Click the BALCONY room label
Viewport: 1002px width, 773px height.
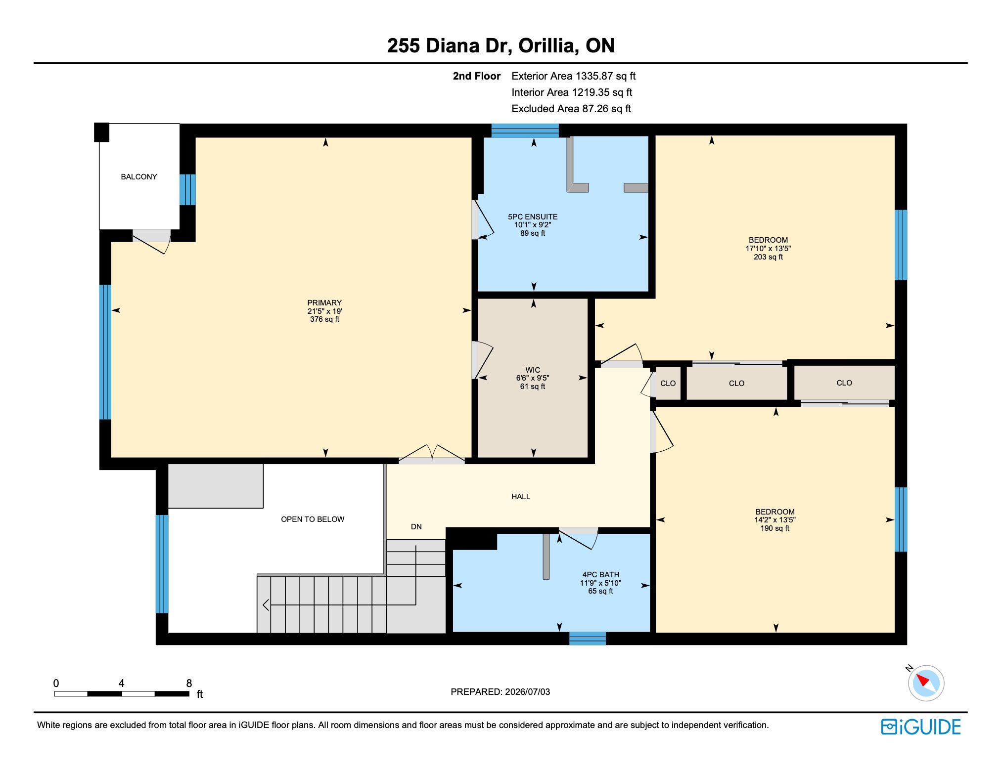coord(138,177)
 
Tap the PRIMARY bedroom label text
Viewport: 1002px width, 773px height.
coord(324,303)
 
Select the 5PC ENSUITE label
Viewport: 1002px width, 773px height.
coord(533,217)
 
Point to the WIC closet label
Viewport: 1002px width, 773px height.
coord(533,370)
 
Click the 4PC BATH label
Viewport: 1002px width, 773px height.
coord(600,575)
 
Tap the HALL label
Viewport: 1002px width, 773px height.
coord(521,497)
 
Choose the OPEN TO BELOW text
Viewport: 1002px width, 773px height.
coord(313,519)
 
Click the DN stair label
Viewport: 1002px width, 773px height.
coord(416,527)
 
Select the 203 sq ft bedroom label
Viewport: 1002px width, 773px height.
coord(768,249)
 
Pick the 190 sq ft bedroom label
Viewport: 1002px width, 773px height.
coord(775,520)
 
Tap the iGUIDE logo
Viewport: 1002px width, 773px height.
coord(921,727)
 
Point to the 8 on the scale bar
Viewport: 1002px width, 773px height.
coord(189,684)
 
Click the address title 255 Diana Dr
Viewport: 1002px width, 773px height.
coord(448,46)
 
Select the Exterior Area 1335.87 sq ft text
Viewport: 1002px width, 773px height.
coord(574,76)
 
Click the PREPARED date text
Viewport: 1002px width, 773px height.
coord(500,692)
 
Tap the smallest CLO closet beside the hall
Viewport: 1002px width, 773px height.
coord(668,384)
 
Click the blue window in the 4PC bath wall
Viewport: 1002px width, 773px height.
coord(588,639)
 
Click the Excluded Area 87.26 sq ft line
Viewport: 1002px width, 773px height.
coord(571,109)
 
